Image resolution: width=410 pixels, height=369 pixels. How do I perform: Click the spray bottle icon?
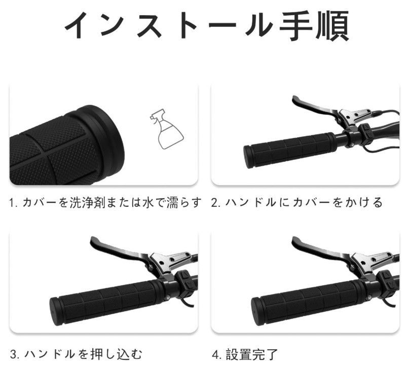[167, 129]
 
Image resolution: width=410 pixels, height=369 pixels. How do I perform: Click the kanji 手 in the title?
[296, 26]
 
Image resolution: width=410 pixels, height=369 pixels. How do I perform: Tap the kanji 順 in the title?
[332, 26]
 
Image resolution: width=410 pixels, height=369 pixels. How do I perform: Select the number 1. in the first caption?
[14, 203]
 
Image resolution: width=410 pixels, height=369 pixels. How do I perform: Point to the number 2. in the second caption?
[216, 203]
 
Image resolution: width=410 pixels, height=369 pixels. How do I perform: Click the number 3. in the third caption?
[15, 355]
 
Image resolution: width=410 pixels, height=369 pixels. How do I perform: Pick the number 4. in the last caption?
[217, 355]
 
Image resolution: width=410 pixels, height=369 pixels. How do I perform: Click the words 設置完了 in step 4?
[251, 355]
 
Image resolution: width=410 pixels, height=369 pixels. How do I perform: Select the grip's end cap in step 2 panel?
[248, 157]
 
